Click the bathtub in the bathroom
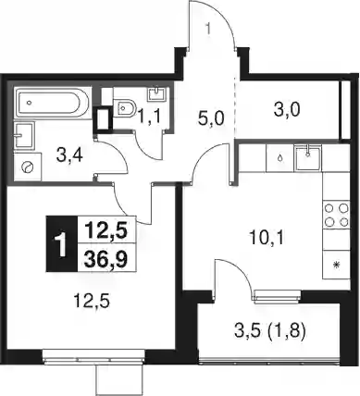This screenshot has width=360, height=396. coord(53,103)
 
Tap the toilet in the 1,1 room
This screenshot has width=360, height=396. coord(124,107)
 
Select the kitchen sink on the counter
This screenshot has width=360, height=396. coord(308,158)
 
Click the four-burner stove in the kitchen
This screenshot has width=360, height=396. coord(336,216)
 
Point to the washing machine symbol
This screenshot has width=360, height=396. coord(27,167)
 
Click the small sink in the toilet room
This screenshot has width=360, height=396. coord(157,94)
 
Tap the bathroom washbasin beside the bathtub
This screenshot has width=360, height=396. coord(24,134)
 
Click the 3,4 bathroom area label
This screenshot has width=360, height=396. coord(69,155)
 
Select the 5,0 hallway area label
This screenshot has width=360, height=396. coord(211,119)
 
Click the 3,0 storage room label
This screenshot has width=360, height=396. coord(287,110)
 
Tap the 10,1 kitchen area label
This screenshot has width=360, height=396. coord(267,238)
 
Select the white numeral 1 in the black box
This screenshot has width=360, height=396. coord(62,244)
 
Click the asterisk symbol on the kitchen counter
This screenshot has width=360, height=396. coord(337,265)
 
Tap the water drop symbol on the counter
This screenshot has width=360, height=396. coord(280,158)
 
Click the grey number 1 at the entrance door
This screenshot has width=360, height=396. coord(208,29)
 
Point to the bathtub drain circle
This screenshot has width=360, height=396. coord(29,102)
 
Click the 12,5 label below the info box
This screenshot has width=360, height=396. coord(92,300)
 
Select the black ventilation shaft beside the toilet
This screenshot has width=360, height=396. coord(102,118)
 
